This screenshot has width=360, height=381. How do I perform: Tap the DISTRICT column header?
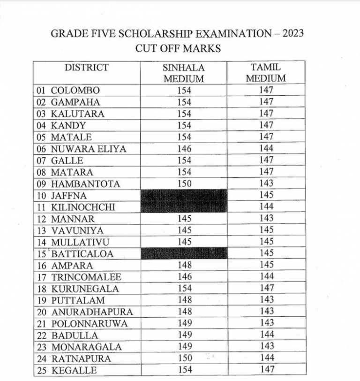click(x=86, y=68)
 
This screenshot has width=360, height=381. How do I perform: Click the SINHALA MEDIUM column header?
click(x=184, y=73)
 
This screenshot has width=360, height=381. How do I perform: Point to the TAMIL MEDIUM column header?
click(x=266, y=73)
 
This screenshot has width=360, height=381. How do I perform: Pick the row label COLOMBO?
click(x=75, y=91)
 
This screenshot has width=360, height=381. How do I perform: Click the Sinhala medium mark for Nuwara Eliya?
click(x=184, y=149)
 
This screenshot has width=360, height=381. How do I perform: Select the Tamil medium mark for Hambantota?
click(x=266, y=183)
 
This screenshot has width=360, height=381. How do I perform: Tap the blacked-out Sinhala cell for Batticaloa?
click(x=184, y=253)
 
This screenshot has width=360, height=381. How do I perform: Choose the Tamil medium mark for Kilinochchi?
click(x=266, y=207)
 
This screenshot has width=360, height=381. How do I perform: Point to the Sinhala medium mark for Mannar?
click(x=184, y=219)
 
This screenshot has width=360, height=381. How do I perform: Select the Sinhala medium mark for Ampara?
click(x=184, y=265)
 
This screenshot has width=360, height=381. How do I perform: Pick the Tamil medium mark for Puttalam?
click(x=266, y=300)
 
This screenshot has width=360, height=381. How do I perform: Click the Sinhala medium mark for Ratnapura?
click(x=184, y=358)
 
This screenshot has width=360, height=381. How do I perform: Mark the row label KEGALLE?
click(x=74, y=370)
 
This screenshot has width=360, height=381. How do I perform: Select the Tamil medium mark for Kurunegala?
click(x=266, y=288)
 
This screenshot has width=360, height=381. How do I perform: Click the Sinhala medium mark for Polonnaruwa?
click(x=184, y=323)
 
